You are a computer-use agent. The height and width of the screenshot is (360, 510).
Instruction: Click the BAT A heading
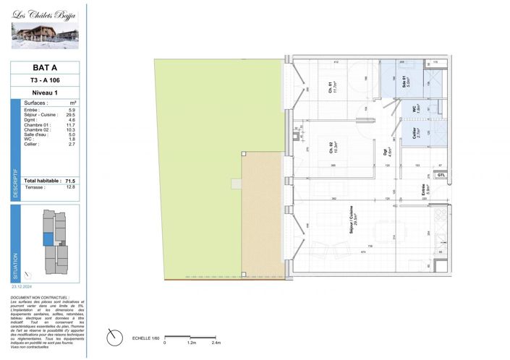45,68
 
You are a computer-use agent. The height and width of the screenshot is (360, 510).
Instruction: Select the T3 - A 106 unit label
45,80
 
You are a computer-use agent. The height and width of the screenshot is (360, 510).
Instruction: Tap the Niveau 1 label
45,93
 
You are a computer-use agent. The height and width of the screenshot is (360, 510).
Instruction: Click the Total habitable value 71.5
70,180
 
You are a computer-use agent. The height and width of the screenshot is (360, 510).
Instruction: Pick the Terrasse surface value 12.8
70,187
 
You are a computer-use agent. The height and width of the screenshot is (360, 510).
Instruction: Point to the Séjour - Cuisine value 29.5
70,114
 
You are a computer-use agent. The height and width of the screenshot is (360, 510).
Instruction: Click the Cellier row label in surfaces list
32,145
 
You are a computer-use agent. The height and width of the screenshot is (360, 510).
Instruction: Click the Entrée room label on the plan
424,191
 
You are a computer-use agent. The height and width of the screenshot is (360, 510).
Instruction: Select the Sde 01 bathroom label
405,82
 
